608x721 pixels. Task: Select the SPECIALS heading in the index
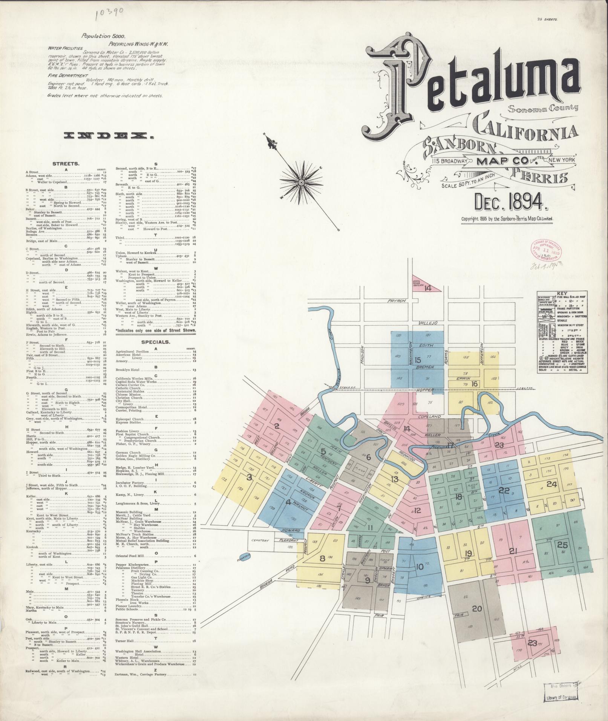coord(155,342)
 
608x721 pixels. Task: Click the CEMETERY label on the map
coord(260,540)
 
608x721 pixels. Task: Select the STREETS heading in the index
coord(66,164)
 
